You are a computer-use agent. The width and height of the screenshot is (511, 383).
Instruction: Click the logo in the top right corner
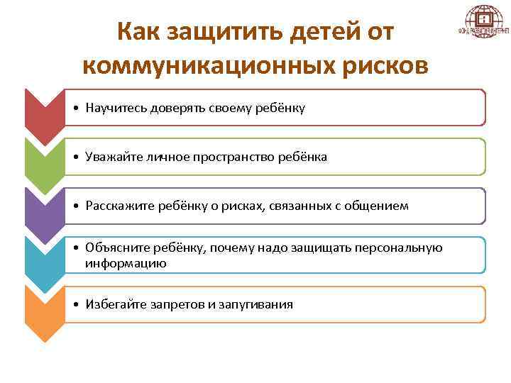tap(483, 24)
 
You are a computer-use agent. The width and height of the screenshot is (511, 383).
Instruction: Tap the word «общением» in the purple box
tap(383, 206)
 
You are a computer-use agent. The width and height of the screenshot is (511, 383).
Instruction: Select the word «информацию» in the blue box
tap(126, 263)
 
